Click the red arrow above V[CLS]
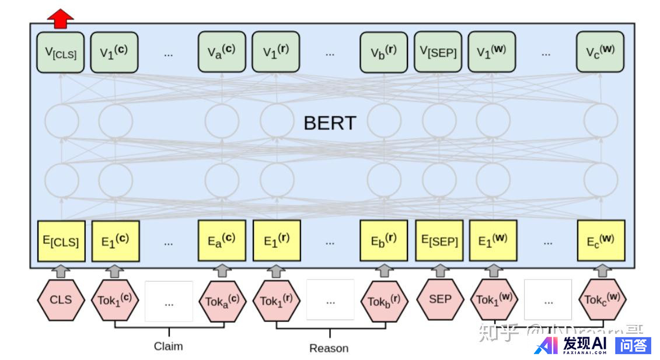(x=60, y=18)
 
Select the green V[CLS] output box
(x=60, y=52)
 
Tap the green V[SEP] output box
(x=438, y=52)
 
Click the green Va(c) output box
(x=222, y=52)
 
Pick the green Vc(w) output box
(x=600, y=52)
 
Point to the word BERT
(x=330, y=123)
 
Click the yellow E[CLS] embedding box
(x=61, y=240)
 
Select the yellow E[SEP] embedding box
(x=439, y=240)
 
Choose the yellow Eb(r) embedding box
(x=383, y=240)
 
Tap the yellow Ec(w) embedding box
(x=601, y=240)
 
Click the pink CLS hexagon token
(x=61, y=300)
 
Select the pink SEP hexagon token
(x=440, y=299)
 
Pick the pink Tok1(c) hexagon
(x=115, y=300)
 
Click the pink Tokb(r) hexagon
(x=383, y=301)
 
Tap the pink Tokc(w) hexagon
(x=602, y=300)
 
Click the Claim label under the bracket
(x=168, y=346)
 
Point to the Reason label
(x=329, y=348)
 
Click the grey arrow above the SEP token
(x=440, y=270)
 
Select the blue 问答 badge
(x=633, y=345)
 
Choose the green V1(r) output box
(x=275, y=52)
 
